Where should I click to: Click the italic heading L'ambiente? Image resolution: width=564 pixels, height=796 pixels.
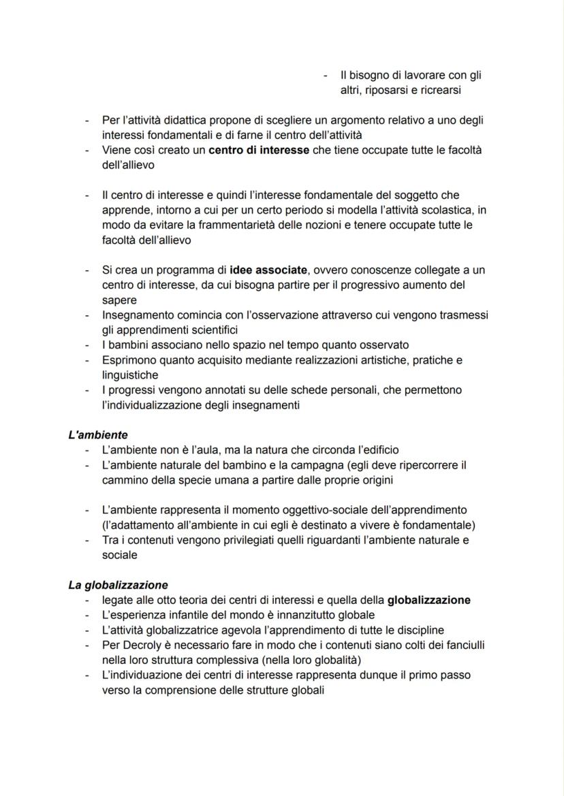click(98, 434)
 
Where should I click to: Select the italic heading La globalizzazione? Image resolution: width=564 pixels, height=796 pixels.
click(118, 585)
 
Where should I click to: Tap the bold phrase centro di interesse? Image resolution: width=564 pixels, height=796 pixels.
click(259, 150)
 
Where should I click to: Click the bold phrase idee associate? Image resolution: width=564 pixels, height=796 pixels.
click(268, 270)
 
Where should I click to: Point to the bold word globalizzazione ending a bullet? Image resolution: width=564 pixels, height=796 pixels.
click(428, 600)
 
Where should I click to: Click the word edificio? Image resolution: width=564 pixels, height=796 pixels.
click(377, 450)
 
